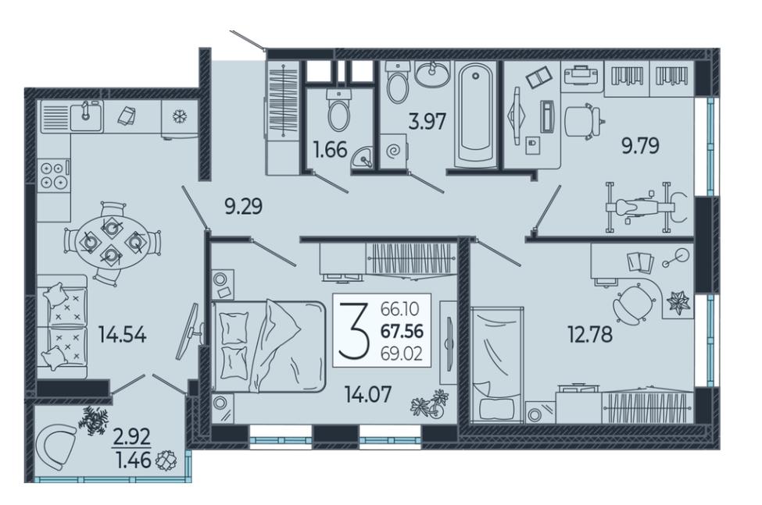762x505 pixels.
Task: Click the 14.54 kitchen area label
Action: [122, 334]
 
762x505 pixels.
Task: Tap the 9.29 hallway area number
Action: [244, 207]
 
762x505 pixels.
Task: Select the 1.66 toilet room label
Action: [331, 150]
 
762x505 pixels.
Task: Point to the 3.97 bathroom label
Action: [428, 121]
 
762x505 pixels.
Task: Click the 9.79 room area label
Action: [641, 145]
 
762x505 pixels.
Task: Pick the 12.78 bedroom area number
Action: [590, 334]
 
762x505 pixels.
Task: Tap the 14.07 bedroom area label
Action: [368, 394]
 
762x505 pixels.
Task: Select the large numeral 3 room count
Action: [353, 329]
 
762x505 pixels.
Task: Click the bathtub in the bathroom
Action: [476, 115]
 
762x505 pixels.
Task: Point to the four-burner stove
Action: [53, 175]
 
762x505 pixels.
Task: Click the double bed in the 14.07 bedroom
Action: [268, 346]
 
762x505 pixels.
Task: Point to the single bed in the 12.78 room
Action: [497, 365]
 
